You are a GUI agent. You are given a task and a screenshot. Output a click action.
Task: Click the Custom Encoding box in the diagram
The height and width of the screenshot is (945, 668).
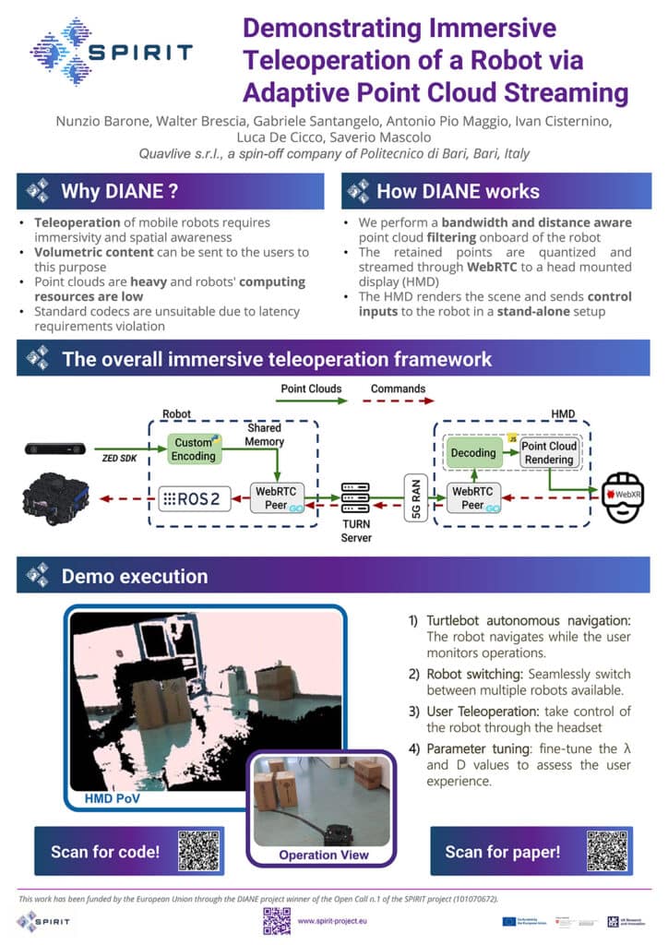[x=195, y=449]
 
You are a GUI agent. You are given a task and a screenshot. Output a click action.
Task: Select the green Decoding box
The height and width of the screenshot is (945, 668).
[x=471, y=453]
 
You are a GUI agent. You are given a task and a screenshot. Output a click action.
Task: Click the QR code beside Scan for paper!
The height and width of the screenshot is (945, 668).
[x=606, y=850]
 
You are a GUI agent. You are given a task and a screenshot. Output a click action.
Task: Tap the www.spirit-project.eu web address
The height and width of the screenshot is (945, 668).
[x=335, y=920]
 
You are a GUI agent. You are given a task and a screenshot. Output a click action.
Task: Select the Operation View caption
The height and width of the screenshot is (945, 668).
[x=324, y=855]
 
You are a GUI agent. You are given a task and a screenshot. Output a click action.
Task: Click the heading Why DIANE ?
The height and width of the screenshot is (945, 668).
[x=118, y=192]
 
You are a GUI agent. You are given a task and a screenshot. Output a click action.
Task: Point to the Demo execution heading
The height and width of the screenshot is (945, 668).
[x=134, y=576]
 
